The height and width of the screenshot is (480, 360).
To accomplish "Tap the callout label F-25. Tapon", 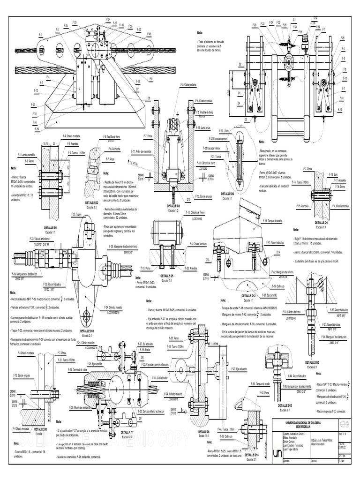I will (76, 214).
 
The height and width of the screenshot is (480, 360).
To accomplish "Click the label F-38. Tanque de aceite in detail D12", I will (273, 220).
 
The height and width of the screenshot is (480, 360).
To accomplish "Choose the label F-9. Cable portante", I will (189, 85).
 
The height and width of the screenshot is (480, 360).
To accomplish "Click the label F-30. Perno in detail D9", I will (224, 131).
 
